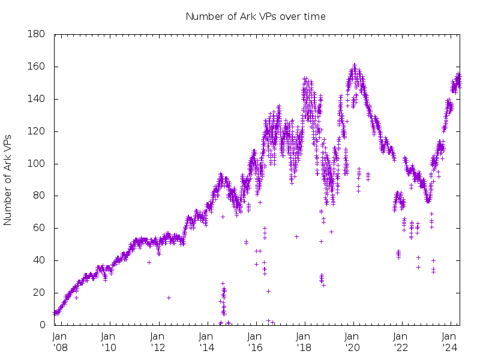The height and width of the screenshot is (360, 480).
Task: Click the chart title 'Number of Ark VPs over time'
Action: [256, 16]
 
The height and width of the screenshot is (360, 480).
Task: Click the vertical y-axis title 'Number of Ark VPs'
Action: [8, 180]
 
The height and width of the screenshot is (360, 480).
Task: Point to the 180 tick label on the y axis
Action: [37, 34]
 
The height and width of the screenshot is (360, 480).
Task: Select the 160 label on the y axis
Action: [37, 67]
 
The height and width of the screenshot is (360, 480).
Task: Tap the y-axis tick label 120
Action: [37, 131]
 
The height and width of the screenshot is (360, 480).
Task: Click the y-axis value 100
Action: [37, 164]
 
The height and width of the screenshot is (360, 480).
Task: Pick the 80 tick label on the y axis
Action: [39, 196]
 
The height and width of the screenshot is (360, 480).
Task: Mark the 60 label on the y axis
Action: [39, 228]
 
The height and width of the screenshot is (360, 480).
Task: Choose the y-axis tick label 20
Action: [39, 293]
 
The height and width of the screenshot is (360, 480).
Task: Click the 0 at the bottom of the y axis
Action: [42, 325]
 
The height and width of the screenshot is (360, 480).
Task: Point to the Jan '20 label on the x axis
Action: [353, 341]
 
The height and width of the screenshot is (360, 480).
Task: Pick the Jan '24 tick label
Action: [451, 341]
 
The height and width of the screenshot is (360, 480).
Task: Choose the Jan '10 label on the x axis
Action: [109, 341]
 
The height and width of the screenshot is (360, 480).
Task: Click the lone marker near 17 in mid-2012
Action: [169, 298]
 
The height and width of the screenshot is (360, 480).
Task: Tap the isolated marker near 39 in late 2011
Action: [149, 262]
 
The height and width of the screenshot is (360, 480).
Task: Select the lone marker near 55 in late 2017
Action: [296, 236]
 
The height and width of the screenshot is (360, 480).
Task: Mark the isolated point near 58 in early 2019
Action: [331, 232]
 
